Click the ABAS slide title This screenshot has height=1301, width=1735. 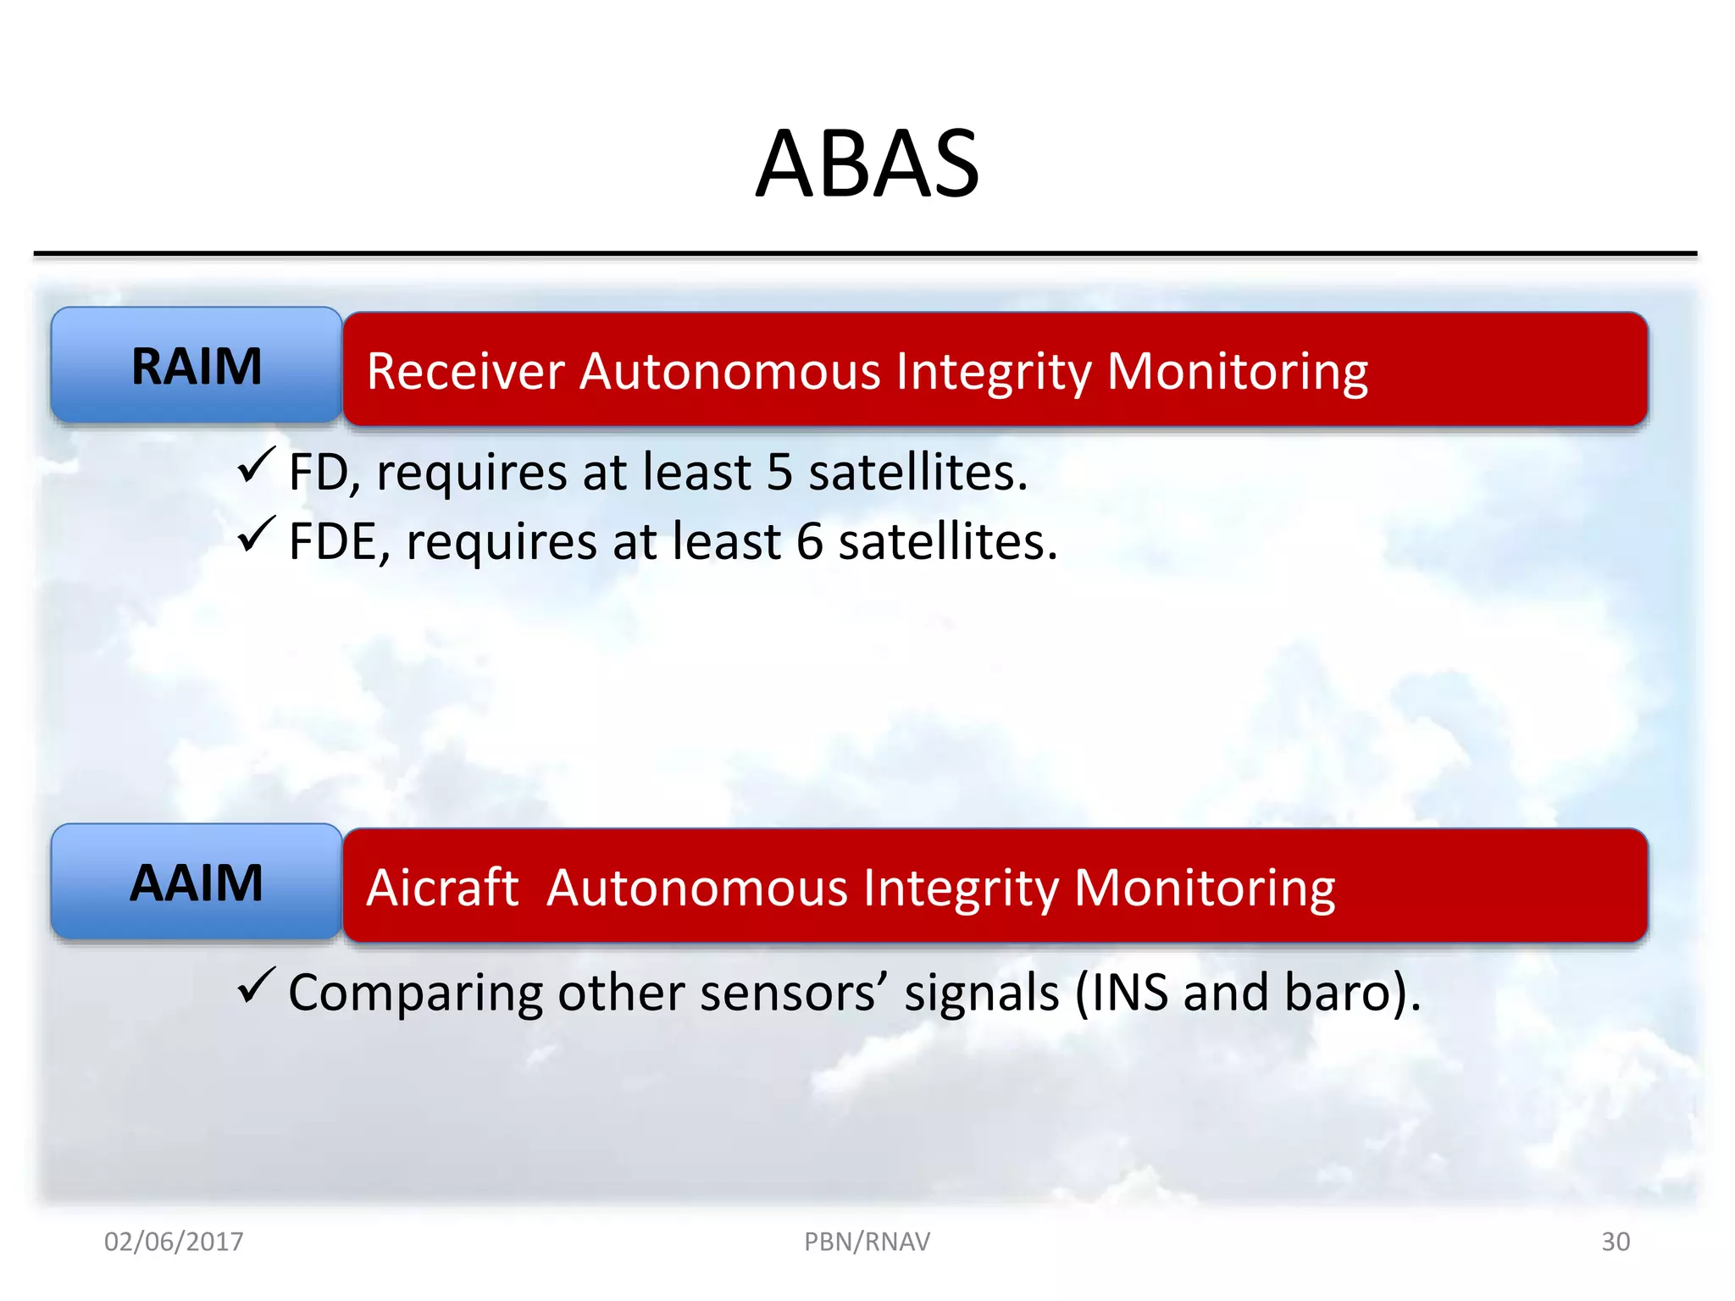pyautogui.click(x=867, y=164)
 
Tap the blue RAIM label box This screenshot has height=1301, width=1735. pyautogui.click(x=197, y=367)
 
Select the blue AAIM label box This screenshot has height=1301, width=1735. pyautogui.click(x=197, y=883)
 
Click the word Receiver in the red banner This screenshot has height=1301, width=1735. pyautogui.click(x=465, y=372)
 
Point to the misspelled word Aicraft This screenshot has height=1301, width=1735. pyautogui.click(x=441, y=889)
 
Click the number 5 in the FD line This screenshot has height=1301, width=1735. pyautogui.click(x=779, y=473)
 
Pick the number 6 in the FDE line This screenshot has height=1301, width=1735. pyautogui.click(x=810, y=542)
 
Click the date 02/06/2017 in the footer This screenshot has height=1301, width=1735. pyautogui.click(x=174, y=1242)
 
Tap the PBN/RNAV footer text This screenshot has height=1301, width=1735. pyautogui.click(x=867, y=1242)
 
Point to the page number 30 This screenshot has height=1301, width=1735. pyautogui.click(x=1616, y=1242)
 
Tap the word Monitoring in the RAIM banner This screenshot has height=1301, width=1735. pyautogui.click(x=1237, y=372)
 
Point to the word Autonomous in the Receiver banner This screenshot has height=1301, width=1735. pyautogui.click(x=729, y=372)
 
